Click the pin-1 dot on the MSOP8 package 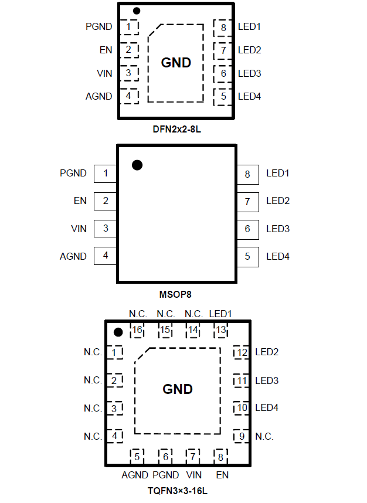coord(137,165)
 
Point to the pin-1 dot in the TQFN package coord(118,332)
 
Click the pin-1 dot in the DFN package coord(137,11)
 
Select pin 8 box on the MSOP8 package coord(247,174)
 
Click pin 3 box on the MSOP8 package coord(106,229)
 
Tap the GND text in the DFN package coord(176,63)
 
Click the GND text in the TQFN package coord(177,389)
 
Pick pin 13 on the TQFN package coord(220,330)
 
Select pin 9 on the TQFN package coord(241,437)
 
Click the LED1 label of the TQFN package coord(220,314)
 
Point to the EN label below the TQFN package coord(222,475)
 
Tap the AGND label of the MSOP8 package coord(73,256)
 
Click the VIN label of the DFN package coord(104,73)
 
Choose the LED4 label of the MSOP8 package coord(278,256)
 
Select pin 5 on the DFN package coord(223,96)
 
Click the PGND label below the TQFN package coord(165,475)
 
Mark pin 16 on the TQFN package coord(137,330)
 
